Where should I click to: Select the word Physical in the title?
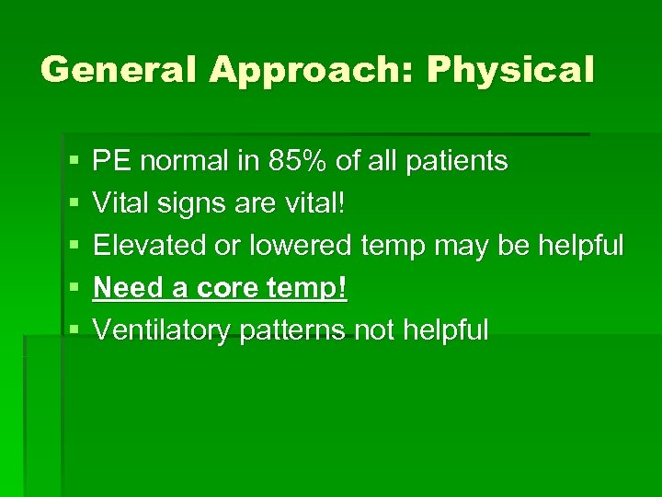click(x=510, y=70)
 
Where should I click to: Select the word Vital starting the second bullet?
click(x=119, y=203)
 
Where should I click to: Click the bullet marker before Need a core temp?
click(x=74, y=289)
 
